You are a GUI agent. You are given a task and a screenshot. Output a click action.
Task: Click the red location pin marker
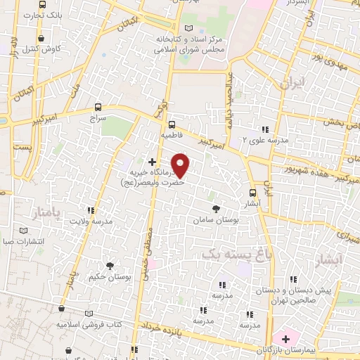pyautogui.click(x=181, y=165)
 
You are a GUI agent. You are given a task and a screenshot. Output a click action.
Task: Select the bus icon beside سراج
pyautogui.click(x=98, y=108)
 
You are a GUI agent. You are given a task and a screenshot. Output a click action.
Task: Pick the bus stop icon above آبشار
pyautogui.click(x=252, y=193)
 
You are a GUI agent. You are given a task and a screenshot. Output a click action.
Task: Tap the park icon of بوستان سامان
pyautogui.click(x=217, y=209)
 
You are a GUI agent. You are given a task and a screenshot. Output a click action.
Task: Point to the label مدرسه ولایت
pyautogui.click(x=90, y=221)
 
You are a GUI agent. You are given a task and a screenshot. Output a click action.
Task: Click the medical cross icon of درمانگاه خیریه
pyautogui.click(x=152, y=162)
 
